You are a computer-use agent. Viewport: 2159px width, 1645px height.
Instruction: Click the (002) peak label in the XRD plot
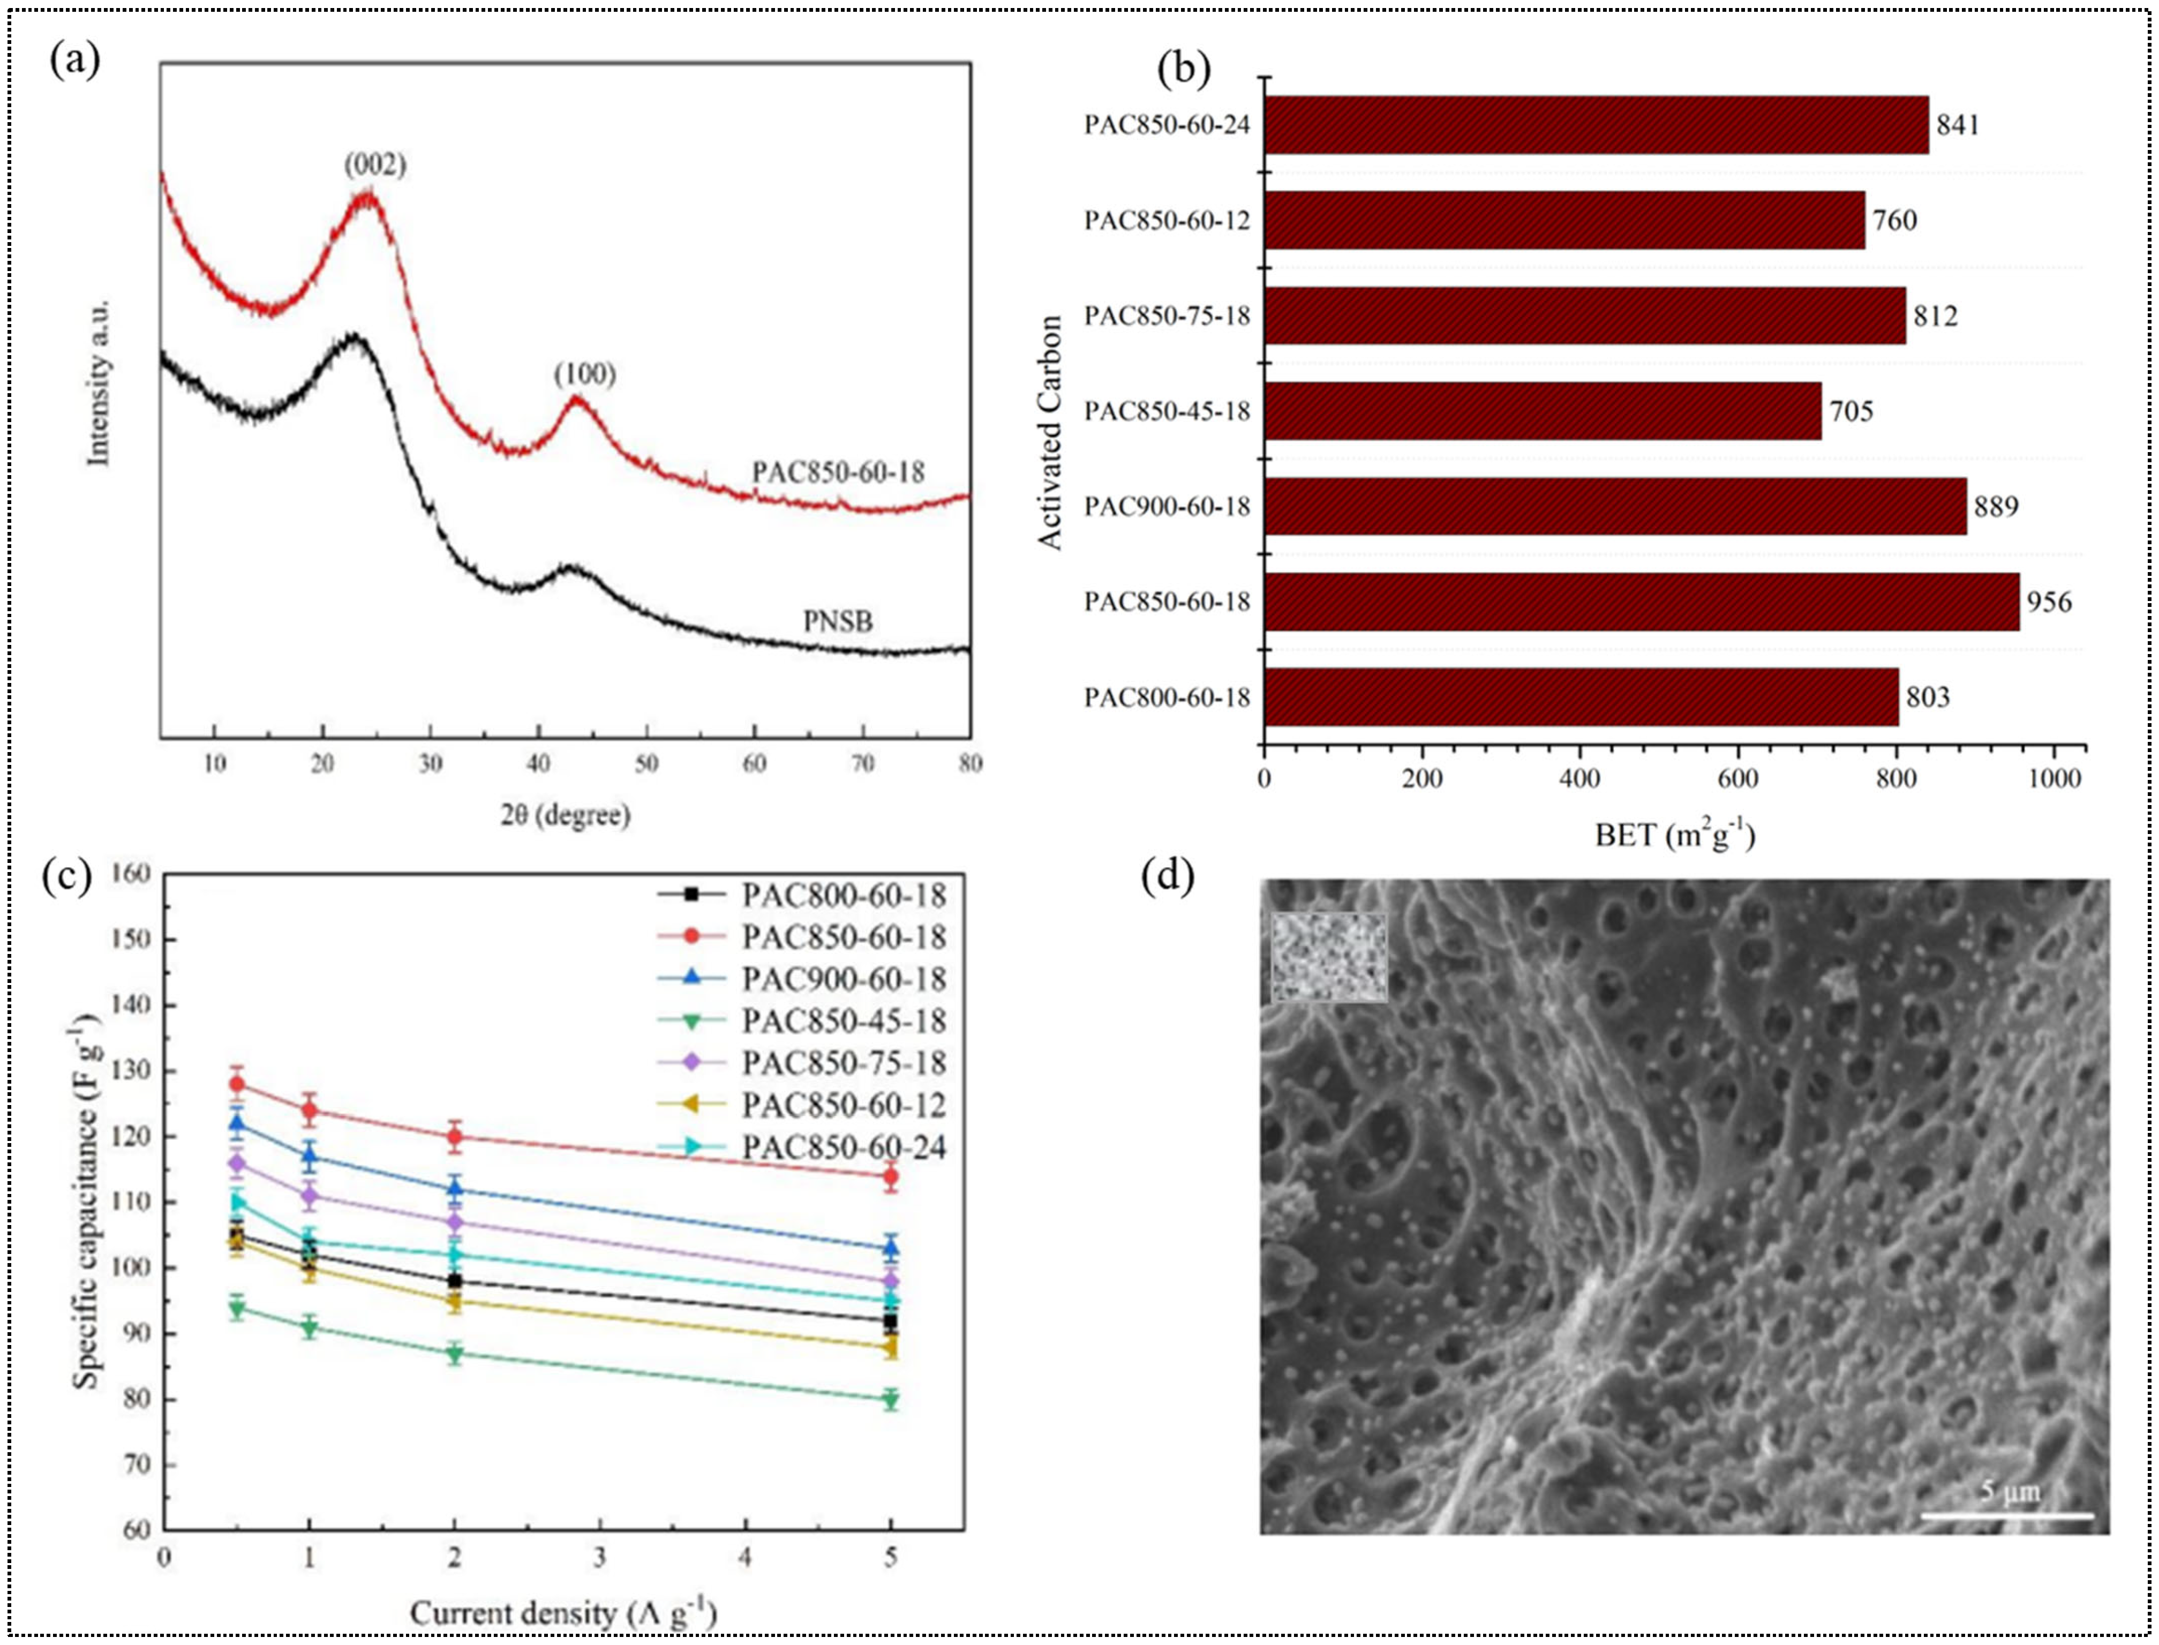(x=375, y=164)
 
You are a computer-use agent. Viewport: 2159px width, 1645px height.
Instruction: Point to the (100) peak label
(x=584, y=374)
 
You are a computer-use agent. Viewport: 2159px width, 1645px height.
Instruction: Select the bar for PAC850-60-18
(x=1641, y=601)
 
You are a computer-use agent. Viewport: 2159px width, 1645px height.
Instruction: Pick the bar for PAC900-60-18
(x=1615, y=506)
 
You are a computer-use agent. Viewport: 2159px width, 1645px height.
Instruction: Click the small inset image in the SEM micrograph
(x=1329, y=958)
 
